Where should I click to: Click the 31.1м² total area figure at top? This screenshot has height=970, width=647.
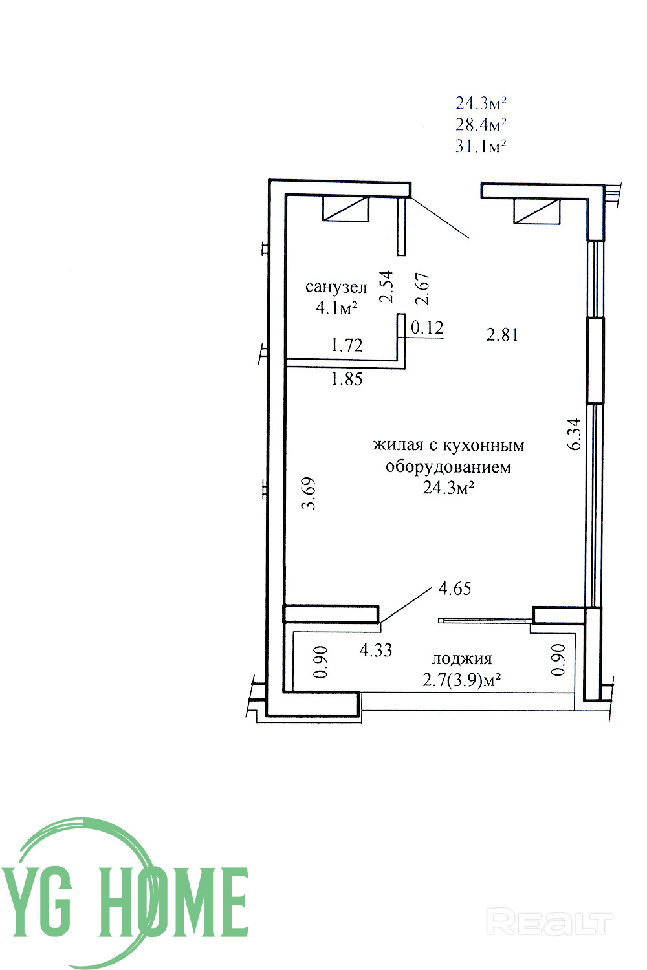481,145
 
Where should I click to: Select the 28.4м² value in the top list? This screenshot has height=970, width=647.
481,124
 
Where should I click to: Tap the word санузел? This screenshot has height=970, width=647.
336,286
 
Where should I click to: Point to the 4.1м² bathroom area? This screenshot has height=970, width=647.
336,307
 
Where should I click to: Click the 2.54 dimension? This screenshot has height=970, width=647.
386,286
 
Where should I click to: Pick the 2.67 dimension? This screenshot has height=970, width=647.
422,288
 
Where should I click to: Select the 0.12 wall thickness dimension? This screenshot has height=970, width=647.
427,327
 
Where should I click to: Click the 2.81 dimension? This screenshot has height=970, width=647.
502,335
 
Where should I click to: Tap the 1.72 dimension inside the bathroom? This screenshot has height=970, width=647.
347,345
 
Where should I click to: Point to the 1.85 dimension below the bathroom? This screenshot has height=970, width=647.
347,380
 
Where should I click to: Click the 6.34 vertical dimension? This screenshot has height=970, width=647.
575,434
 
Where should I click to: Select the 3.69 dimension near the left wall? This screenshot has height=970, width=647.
309,493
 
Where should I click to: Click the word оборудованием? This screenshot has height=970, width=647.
448,468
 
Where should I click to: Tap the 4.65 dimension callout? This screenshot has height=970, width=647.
455,588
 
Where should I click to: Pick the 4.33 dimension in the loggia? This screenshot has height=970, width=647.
376,650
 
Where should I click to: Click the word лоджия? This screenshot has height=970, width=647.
462,660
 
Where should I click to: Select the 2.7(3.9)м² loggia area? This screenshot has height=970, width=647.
462,681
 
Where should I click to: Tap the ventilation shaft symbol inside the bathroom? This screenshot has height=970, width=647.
345,209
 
